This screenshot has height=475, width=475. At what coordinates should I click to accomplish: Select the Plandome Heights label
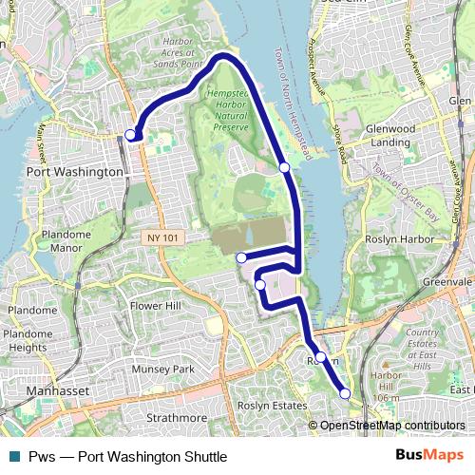[28, 340]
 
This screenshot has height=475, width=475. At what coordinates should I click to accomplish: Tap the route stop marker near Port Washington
[130, 135]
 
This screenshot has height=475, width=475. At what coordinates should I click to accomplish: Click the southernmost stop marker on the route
[345, 393]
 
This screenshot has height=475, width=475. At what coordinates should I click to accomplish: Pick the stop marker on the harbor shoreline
[284, 167]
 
